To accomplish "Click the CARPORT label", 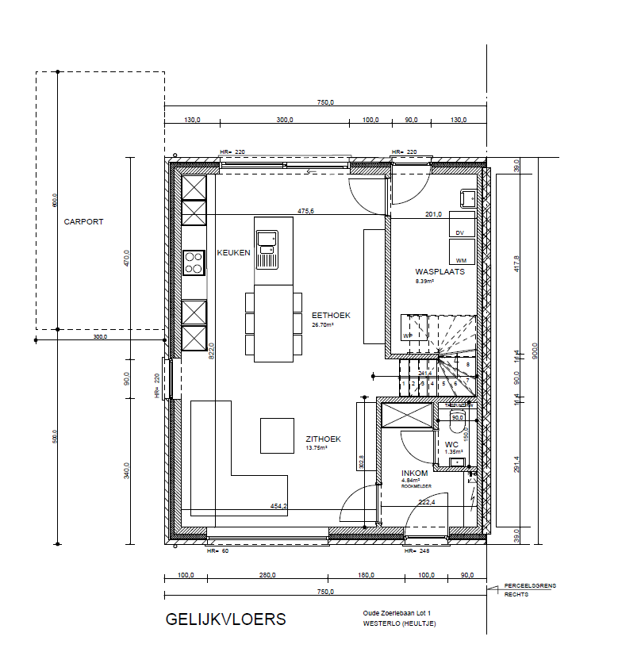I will [84, 222].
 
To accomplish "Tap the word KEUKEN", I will [234, 253].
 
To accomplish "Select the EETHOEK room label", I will [331, 315].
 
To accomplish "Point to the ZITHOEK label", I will [324, 439].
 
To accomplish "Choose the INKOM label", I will [415, 473].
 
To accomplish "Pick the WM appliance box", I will [461, 251].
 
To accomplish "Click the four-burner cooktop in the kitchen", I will [194, 263].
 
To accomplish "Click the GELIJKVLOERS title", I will [225, 619].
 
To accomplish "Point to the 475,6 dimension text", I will [306, 211].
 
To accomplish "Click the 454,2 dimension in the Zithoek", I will [278, 505].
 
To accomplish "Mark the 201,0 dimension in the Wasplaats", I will [433, 214].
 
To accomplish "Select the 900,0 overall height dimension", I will [535, 351].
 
